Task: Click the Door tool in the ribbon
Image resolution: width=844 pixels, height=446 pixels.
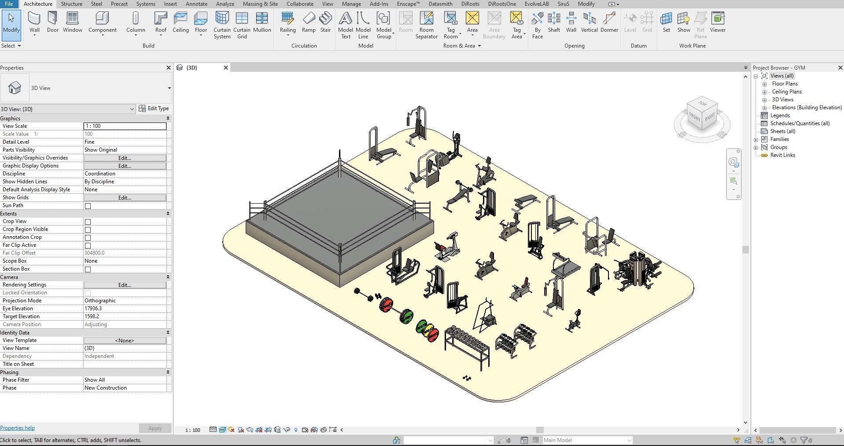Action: [52, 22]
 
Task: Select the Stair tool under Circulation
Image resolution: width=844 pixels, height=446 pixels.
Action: [325, 22]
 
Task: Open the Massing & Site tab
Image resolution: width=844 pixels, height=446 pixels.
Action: [260, 4]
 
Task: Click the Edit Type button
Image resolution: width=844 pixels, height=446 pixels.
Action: [154, 108]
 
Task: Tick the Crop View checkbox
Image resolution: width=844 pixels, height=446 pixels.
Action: [88, 222]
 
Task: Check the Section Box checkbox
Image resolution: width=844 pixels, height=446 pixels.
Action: [88, 269]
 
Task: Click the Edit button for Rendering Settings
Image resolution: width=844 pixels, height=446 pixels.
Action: [125, 285]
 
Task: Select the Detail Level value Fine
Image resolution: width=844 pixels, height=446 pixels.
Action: [125, 142]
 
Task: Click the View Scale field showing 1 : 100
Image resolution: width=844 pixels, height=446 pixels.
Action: [125, 126]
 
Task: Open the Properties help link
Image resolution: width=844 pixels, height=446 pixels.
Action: [18, 428]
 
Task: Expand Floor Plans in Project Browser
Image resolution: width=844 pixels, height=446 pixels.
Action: [765, 84]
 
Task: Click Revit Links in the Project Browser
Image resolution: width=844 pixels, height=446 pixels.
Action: [782, 155]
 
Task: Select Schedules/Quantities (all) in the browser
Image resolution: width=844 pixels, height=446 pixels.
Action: [800, 123]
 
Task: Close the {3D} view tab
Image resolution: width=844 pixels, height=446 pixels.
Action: [226, 67]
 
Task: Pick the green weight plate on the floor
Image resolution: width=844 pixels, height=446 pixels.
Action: [407, 316]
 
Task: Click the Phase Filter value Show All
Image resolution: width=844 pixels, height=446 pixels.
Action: [125, 380]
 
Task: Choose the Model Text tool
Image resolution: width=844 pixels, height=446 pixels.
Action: [346, 24]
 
